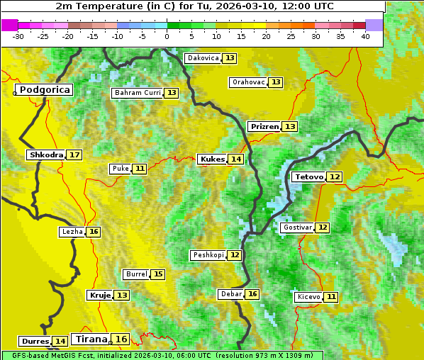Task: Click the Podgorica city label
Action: click(x=45, y=90)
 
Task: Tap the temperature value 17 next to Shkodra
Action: click(x=74, y=154)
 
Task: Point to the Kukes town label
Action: click(x=213, y=159)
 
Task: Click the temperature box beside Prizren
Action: click(x=290, y=127)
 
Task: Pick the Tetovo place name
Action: click(x=309, y=176)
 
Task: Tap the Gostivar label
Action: click(x=297, y=227)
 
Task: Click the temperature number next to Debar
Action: click(x=252, y=294)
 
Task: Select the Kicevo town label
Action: click(x=309, y=297)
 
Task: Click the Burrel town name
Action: click(x=136, y=274)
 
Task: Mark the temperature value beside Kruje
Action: click(x=123, y=295)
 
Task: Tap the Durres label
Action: click(x=35, y=342)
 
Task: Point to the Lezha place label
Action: click(x=72, y=232)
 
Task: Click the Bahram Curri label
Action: click(x=138, y=93)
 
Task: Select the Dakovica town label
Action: click(x=202, y=58)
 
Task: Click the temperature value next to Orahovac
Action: click(x=276, y=82)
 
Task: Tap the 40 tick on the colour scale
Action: click(x=365, y=36)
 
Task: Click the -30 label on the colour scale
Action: click(x=18, y=36)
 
